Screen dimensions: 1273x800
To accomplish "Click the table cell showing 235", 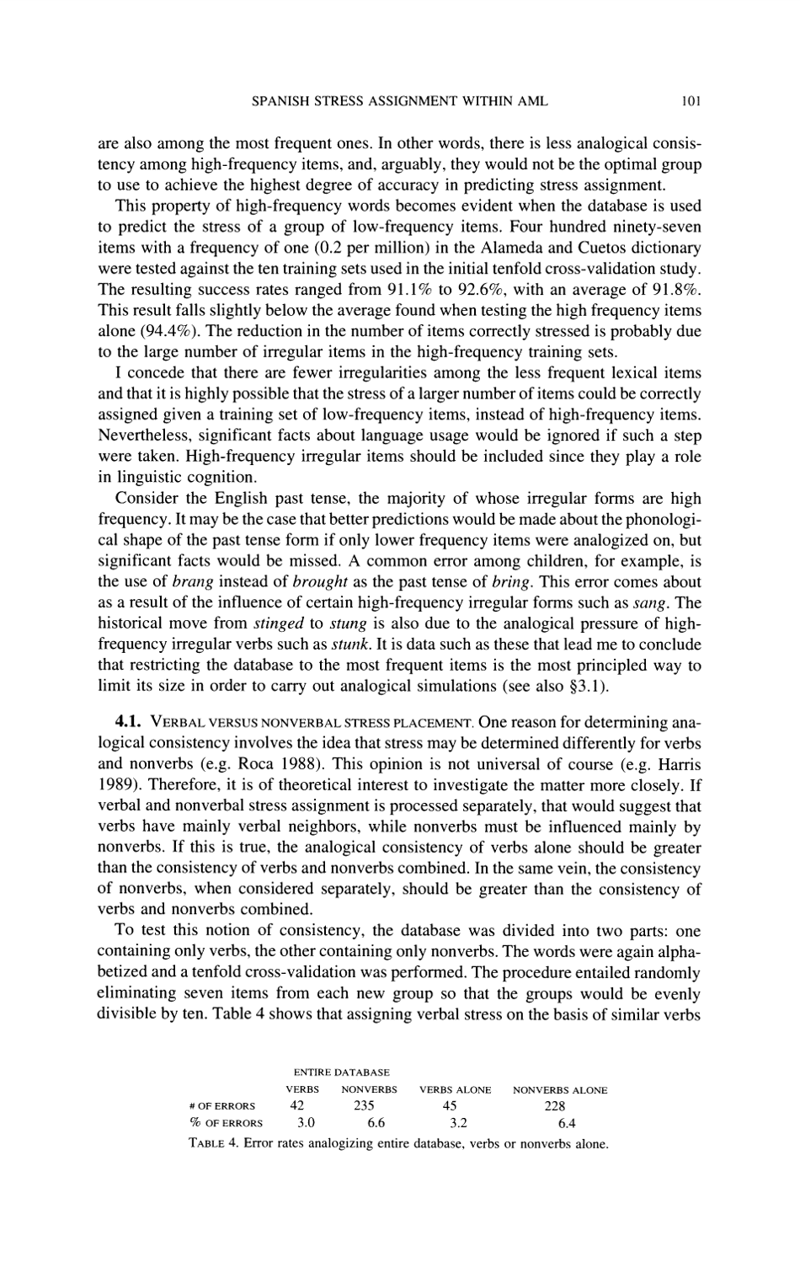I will click(367, 1105).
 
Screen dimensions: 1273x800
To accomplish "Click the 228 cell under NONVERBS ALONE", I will click(557, 1105).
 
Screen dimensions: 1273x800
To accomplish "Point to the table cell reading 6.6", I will click(368, 1123).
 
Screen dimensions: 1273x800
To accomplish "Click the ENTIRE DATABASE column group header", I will click(341, 1072).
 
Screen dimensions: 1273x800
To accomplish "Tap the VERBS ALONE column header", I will click(455, 1089).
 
